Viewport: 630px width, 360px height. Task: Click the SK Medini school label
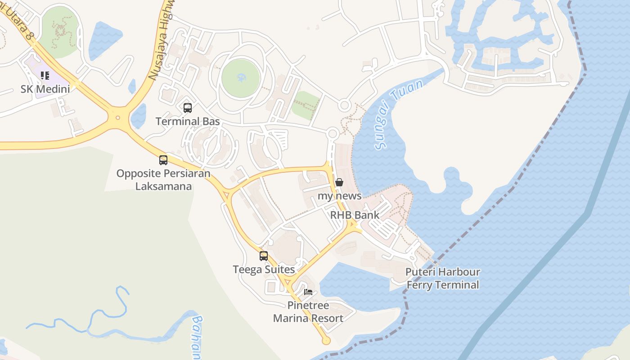pyautogui.click(x=45, y=89)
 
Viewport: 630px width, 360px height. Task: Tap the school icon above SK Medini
pyautogui.click(x=45, y=76)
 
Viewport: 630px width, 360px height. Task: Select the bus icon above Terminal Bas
pyautogui.click(x=188, y=108)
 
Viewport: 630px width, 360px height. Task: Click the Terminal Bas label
pyautogui.click(x=188, y=121)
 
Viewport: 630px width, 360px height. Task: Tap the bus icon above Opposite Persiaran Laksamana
pyautogui.click(x=163, y=160)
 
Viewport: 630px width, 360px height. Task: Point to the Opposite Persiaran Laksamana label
pyautogui.click(x=163, y=180)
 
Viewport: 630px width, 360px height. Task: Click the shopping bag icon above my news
pyautogui.click(x=339, y=182)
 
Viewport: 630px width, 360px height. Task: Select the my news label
pyautogui.click(x=339, y=196)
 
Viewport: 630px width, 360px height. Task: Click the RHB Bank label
pyautogui.click(x=355, y=215)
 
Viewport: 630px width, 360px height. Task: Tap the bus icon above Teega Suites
pyautogui.click(x=264, y=256)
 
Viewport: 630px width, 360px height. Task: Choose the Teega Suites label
pyautogui.click(x=264, y=270)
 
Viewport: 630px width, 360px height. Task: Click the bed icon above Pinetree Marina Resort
pyautogui.click(x=308, y=292)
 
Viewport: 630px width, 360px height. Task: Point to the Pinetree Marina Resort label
pyautogui.click(x=308, y=312)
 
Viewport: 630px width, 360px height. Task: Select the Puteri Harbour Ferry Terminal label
pyautogui.click(x=443, y=278)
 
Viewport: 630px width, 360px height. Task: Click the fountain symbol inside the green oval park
pyautogui.click(x=241, y=79)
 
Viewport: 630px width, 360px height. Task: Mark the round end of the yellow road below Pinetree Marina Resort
pyautogui.click(x=327, y=341)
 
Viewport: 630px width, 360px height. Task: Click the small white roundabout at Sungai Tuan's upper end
pyautogui.click(x=344, y=106)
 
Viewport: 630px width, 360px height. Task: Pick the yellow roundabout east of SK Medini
pyautogui.click(x=118, y=118)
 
